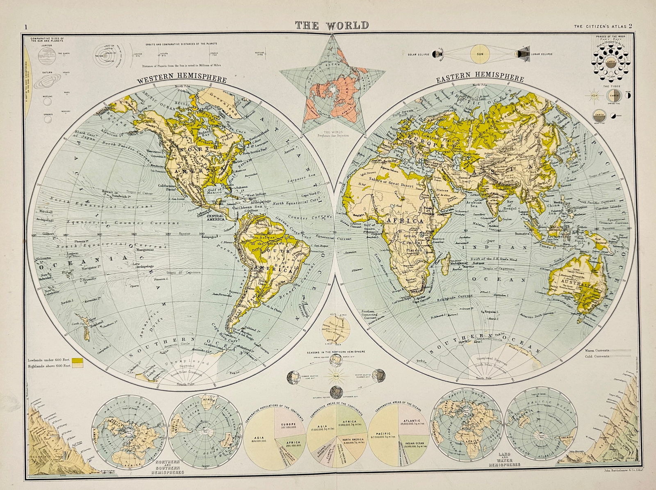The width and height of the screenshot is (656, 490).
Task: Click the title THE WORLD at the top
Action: tap(332, 25)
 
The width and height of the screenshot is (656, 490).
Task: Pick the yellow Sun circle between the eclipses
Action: tap(479, 54)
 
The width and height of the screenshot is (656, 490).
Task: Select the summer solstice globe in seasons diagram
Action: tap(294, 376)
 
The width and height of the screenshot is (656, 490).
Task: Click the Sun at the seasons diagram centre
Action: tap(336, 376)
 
